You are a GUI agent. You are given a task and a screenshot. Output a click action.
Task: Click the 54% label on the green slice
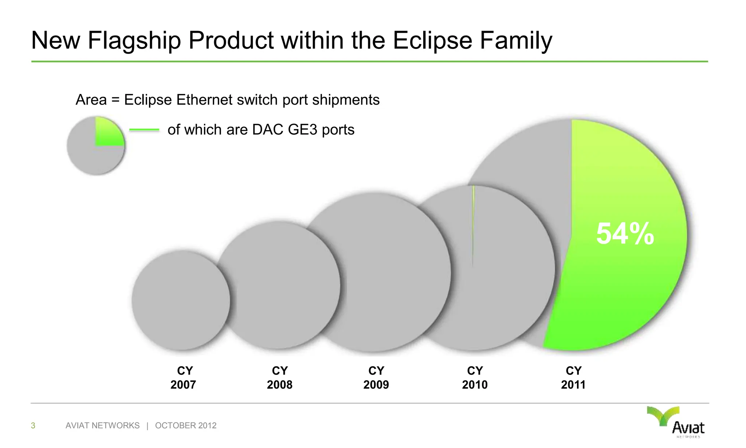tap(625, 234)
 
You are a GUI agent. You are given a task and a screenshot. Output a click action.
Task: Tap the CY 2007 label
tap(184, 378)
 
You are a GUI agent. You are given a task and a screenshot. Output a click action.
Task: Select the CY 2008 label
tap(280, 378)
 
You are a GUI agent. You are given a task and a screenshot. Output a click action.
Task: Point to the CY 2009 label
tap(376, 378)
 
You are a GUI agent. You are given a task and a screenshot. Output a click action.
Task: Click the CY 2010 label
tap(475, 378)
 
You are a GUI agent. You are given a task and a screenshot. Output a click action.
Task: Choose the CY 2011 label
tap(573, 378)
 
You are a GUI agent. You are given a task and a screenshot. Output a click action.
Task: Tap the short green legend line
tap(144, 130)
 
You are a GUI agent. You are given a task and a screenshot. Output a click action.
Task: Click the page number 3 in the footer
tap(33, 425)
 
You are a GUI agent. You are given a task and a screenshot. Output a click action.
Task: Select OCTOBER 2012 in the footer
tap(186, 425)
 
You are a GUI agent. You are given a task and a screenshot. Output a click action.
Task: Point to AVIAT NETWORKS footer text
tap(102, 425)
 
